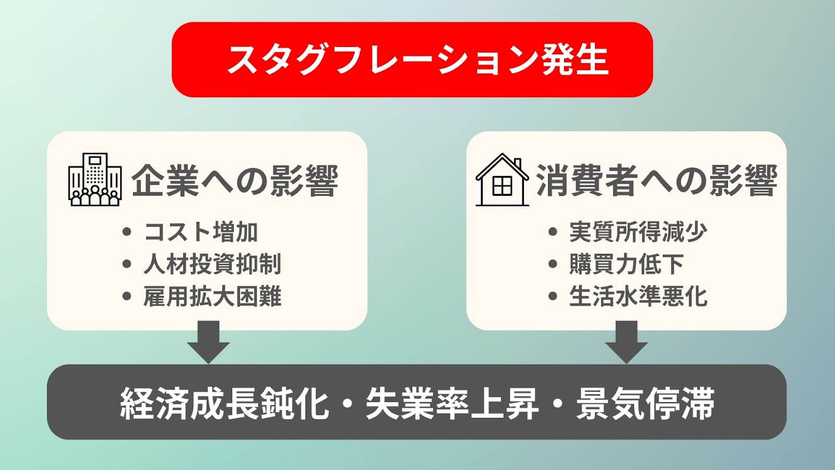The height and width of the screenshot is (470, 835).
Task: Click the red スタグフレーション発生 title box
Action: (412, 60)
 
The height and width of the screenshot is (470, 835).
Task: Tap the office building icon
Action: (95, 180)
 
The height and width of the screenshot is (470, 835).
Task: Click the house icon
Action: (502, 180)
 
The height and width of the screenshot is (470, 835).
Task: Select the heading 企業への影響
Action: (235, 181)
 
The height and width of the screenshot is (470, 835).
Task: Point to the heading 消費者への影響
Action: (657, 181)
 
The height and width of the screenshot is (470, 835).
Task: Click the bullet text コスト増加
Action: (201, 232)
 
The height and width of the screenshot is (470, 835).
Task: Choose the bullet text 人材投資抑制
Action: (212, 264)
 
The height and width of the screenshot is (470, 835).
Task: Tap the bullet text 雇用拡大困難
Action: (212, 297)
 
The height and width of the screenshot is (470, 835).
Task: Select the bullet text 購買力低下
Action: (627, 264)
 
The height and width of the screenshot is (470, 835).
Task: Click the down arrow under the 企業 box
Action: (208, 342)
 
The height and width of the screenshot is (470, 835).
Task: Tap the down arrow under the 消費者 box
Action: (626, 342)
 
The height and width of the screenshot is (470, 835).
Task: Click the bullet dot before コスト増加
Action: (127, 232)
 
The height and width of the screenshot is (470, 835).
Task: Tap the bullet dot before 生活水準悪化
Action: (553, 297)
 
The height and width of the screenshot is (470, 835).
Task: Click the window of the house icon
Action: (502, 186)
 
